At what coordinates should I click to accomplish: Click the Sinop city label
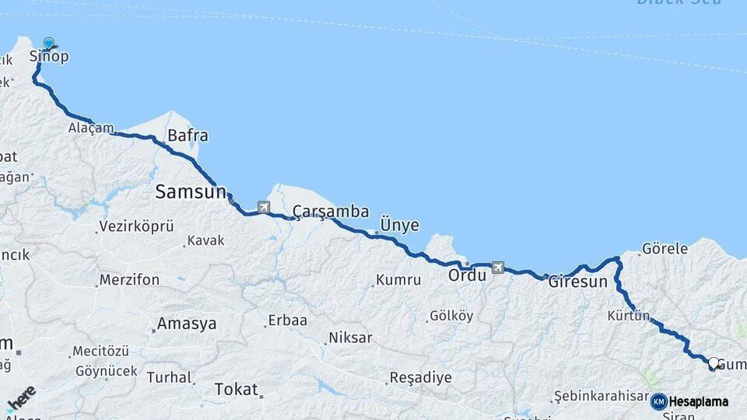pos(49,56)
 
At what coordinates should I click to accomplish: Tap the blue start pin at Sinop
pos(49,44)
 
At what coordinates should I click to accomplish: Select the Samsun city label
pos(191,191)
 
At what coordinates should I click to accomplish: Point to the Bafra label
pos(188,136)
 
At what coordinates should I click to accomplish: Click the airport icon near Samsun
pos(264,207)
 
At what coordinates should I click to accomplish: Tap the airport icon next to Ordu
pos(498,268)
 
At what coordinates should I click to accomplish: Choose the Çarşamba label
pos(331,212)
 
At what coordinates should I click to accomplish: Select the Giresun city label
pos(577,282)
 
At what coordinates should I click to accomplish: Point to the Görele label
pos(665,249)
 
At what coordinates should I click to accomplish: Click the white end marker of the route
pos(713,362)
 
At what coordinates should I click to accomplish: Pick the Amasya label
pos(187,324)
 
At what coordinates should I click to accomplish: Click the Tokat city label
pos(235,388)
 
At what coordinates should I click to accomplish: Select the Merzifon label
pos(130,280)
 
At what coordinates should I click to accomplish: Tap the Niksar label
pos(350,338)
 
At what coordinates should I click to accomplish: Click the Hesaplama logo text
pos(698,401)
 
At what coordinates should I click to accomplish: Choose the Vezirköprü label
pos(136,227)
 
